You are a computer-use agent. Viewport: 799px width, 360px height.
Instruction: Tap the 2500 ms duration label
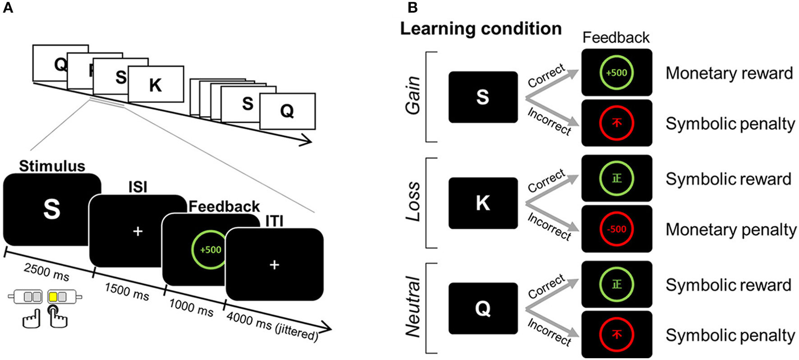tap(46, 272)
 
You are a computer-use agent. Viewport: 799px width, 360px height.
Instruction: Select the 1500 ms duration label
tap(127, 292)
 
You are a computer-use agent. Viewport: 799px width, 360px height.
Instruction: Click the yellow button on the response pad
tap(53, 297)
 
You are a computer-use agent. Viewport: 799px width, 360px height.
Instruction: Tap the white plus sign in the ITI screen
tap(274, 265)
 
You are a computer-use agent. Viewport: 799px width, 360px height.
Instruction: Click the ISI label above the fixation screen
tap(138, 187)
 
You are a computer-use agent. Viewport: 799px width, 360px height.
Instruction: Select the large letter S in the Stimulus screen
tap(51, 209)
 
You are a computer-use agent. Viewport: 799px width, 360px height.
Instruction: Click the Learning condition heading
tap(481, 29)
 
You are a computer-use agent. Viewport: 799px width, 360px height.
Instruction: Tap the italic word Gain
tap(413, 96)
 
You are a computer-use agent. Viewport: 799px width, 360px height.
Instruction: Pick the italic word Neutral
tap(413, 308)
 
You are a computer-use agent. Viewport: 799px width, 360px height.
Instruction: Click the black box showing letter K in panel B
tap(483, 203)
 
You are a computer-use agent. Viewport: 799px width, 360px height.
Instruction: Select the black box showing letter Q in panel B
tap(483, 309)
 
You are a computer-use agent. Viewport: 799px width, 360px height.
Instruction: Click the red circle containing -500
tap(616, 229)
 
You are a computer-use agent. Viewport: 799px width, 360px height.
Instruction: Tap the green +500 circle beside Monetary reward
tap(616, 73)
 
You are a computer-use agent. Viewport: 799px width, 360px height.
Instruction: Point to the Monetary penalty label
tap(730, 230)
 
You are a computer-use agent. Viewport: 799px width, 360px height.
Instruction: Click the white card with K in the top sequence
tap(156, 84)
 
